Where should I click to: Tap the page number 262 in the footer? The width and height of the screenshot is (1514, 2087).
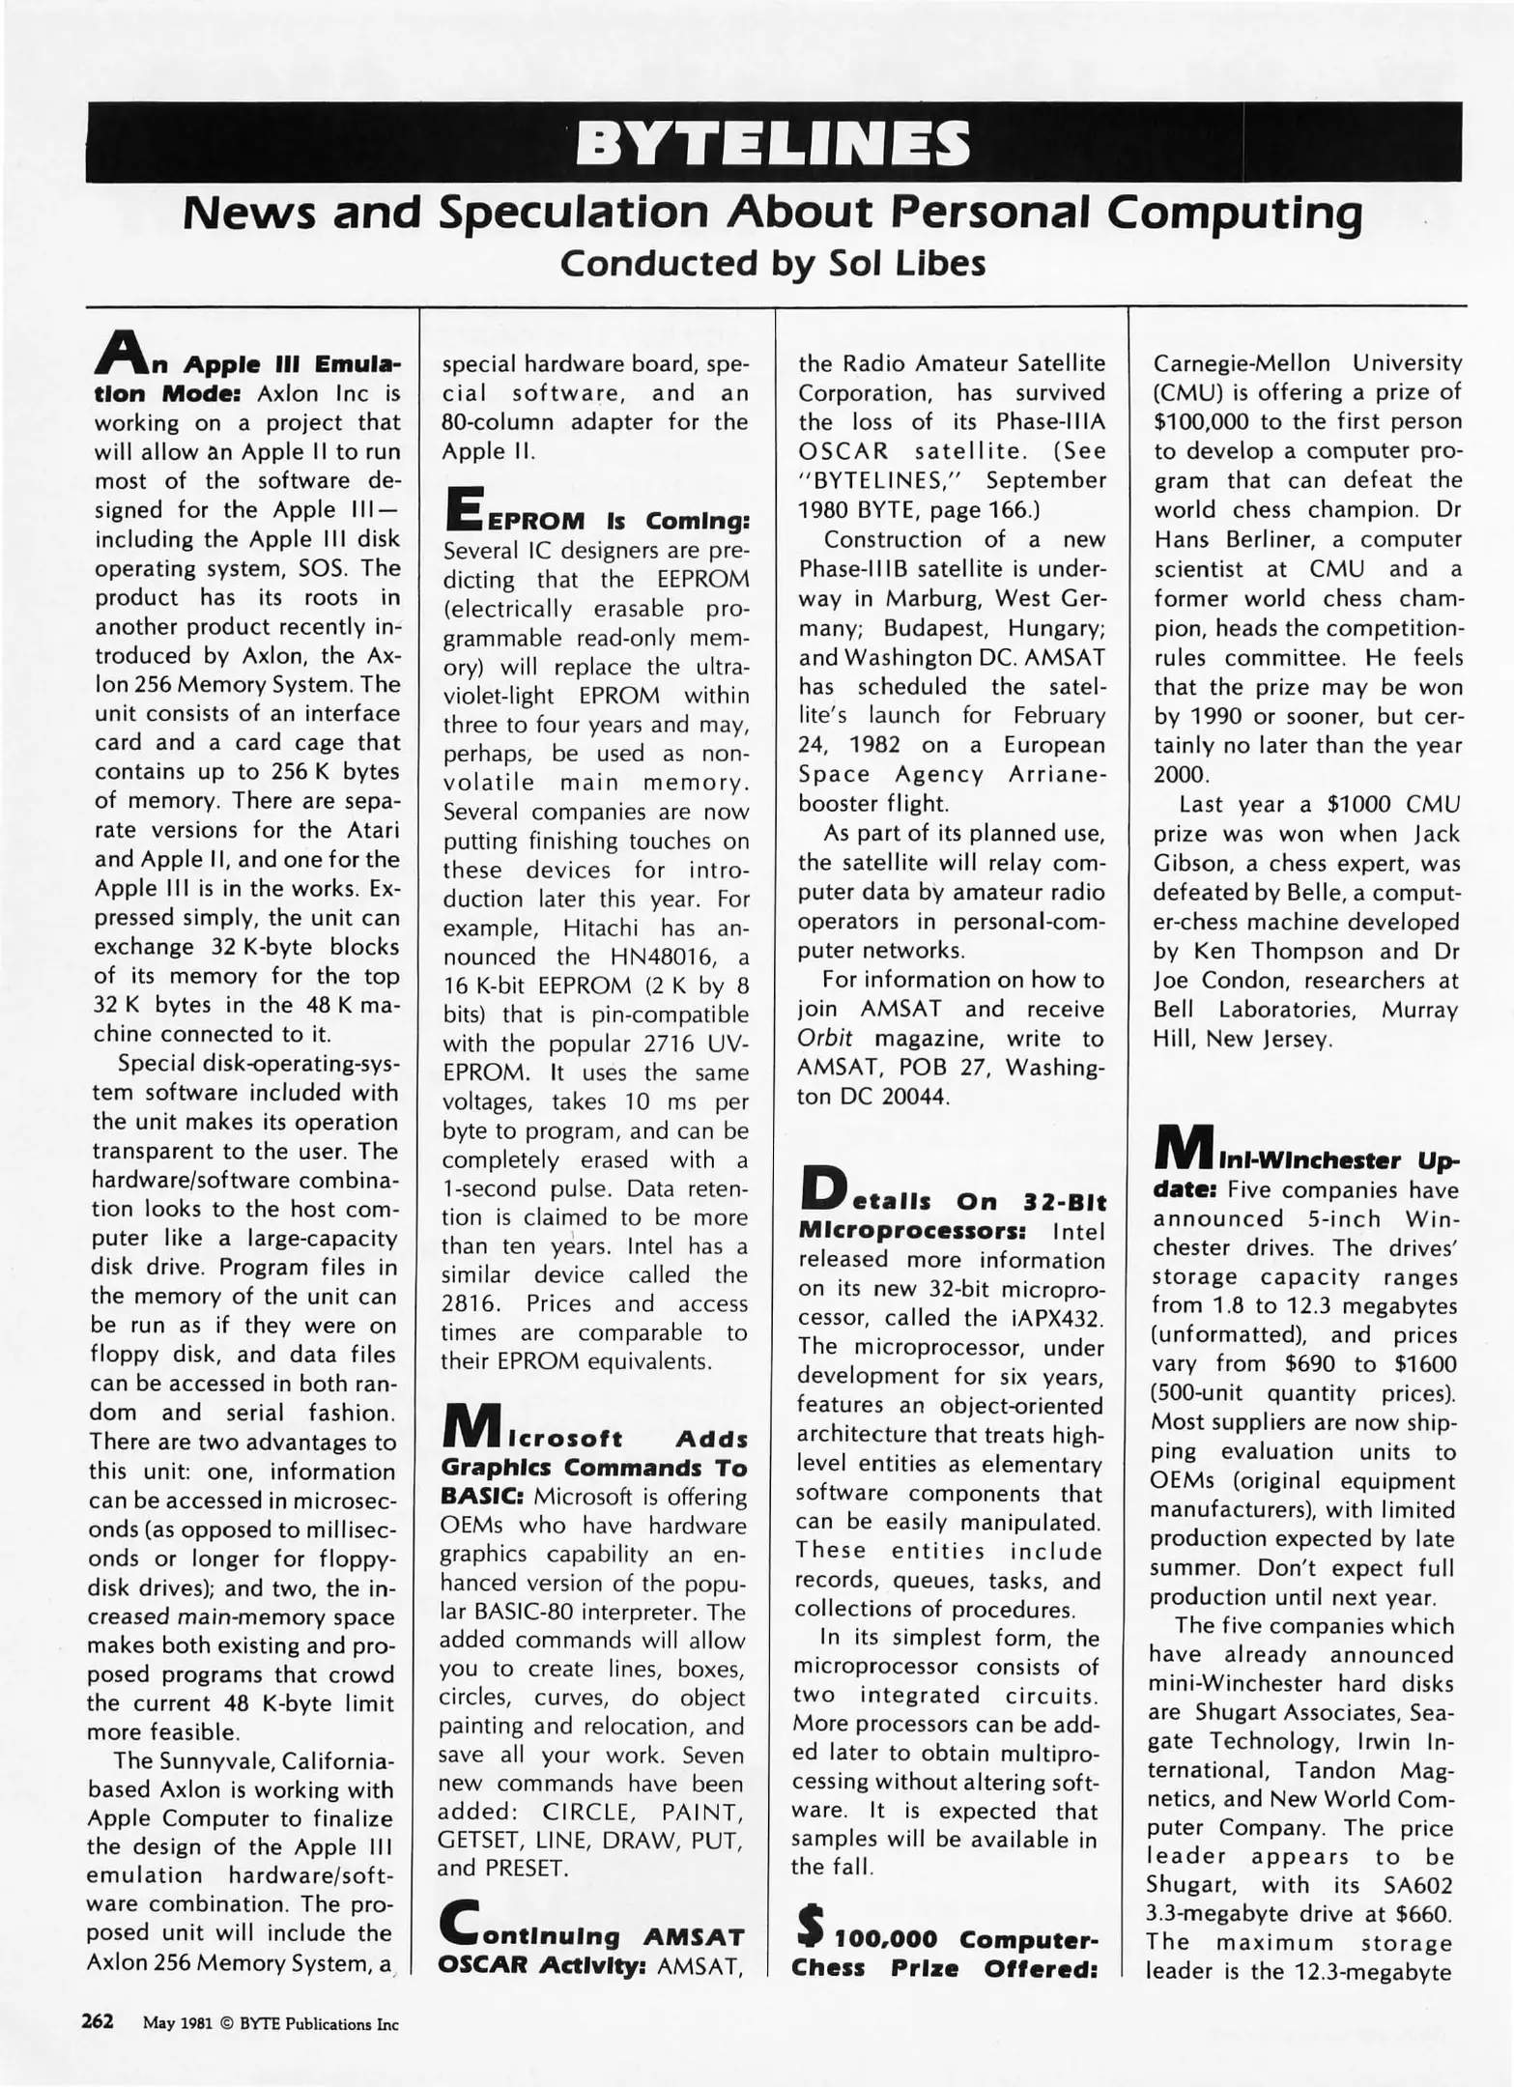(98, 2020)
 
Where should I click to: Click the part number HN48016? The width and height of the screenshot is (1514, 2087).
(667, 957)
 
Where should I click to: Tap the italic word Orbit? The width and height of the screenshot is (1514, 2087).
(824, 1038)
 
